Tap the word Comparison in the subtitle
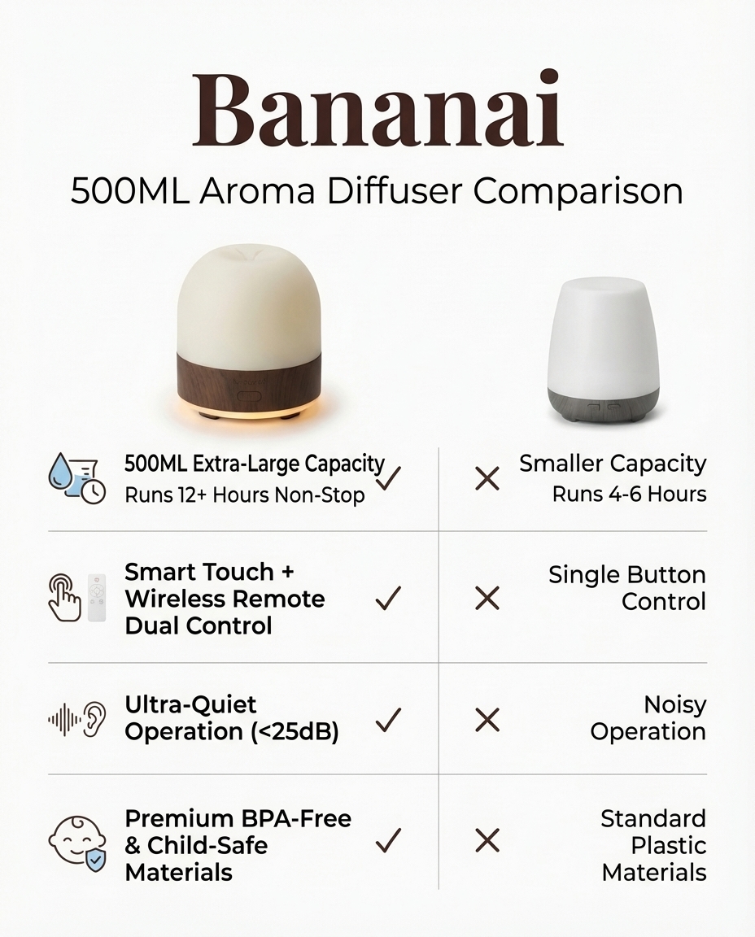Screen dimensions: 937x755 (x=578, y=191)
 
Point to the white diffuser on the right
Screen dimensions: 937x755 (x=602, y=342)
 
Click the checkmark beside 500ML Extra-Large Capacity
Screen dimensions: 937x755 (x=389, y=477)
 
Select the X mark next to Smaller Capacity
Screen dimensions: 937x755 (x=487, y=478)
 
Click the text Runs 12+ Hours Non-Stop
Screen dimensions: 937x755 (x=244, y=495)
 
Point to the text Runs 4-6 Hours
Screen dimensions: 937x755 (x=629, y=494)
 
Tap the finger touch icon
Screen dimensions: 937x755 (x=63, y=599)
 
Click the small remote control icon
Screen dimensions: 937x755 (x=98, y=598)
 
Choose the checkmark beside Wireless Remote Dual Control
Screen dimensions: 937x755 (x=389, y=599)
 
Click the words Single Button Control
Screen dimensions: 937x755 (x=626, y=588)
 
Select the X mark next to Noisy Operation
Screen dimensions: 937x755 (x=487, y=719)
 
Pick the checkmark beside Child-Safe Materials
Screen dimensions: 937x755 (x=389, y=840)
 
